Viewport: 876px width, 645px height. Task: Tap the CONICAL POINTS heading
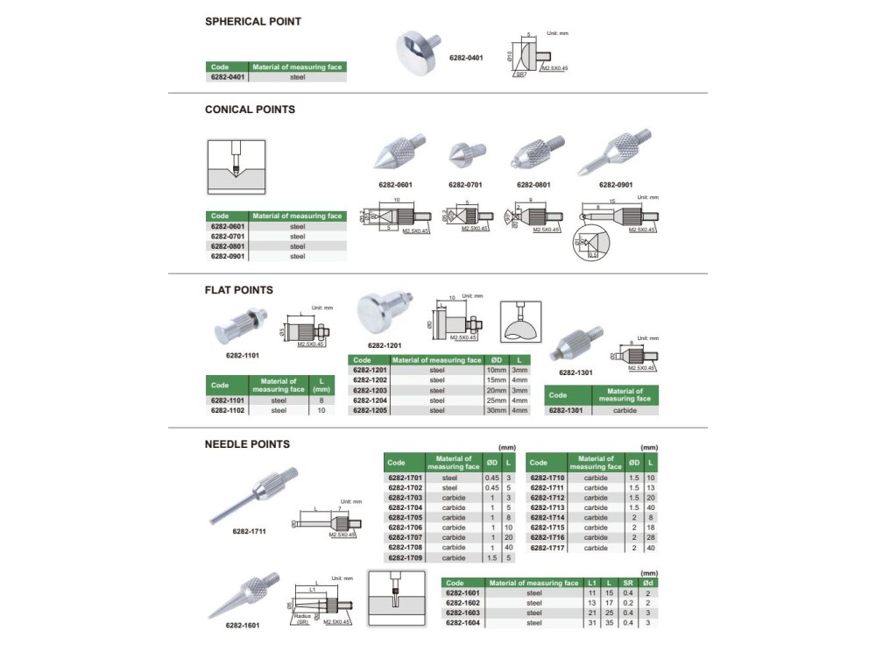pyautogui.click(x=250, y=110)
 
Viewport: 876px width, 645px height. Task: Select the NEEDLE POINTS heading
pyautogui.click(x=247, y=444)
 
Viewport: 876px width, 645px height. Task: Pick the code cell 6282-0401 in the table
pyautogui.click(x=228, y=77)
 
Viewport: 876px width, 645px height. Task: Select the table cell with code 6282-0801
pyautogui.click(x=228, y=246)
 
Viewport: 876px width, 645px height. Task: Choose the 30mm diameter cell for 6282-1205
pyautogui.click(x=496, y=410)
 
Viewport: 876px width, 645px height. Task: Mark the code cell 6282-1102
pyautogui.click(x=227, y=410)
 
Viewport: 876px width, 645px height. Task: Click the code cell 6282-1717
pyautogui.click(x=547, y=548)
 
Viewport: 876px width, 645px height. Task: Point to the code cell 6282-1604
pyautogui.click(x=464, y=622)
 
